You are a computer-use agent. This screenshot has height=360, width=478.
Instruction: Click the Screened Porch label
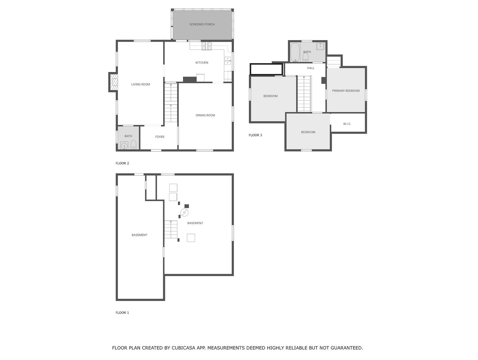(202, 24)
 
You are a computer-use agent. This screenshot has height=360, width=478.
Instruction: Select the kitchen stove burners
(207, 46)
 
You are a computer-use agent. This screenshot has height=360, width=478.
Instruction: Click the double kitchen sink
(228, 61)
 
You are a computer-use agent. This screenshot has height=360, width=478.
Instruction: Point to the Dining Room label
(205, 115)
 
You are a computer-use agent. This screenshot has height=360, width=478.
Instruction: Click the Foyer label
(160, 137)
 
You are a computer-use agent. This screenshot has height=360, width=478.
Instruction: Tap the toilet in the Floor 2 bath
(134, 145)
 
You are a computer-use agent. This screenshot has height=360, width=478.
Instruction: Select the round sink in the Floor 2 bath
(124, 146)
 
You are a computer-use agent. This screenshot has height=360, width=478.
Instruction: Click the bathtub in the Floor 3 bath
(295, 52)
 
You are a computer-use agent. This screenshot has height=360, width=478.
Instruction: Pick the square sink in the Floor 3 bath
(320, 46)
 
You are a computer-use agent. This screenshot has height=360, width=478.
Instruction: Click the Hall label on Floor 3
(311, 68)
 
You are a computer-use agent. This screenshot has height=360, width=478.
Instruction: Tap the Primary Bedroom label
(346, 91)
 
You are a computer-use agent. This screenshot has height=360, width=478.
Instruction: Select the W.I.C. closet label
(347, 124)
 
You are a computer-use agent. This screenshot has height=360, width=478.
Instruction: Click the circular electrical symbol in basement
(184, 213)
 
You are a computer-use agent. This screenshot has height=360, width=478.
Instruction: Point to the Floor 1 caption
(122, 313)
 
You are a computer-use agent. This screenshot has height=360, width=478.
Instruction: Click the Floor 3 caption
(255, 135)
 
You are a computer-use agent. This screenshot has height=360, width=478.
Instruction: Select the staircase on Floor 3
(304, 94)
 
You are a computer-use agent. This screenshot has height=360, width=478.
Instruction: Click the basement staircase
(171, 229)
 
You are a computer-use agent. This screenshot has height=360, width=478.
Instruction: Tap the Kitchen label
(202, 63)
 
